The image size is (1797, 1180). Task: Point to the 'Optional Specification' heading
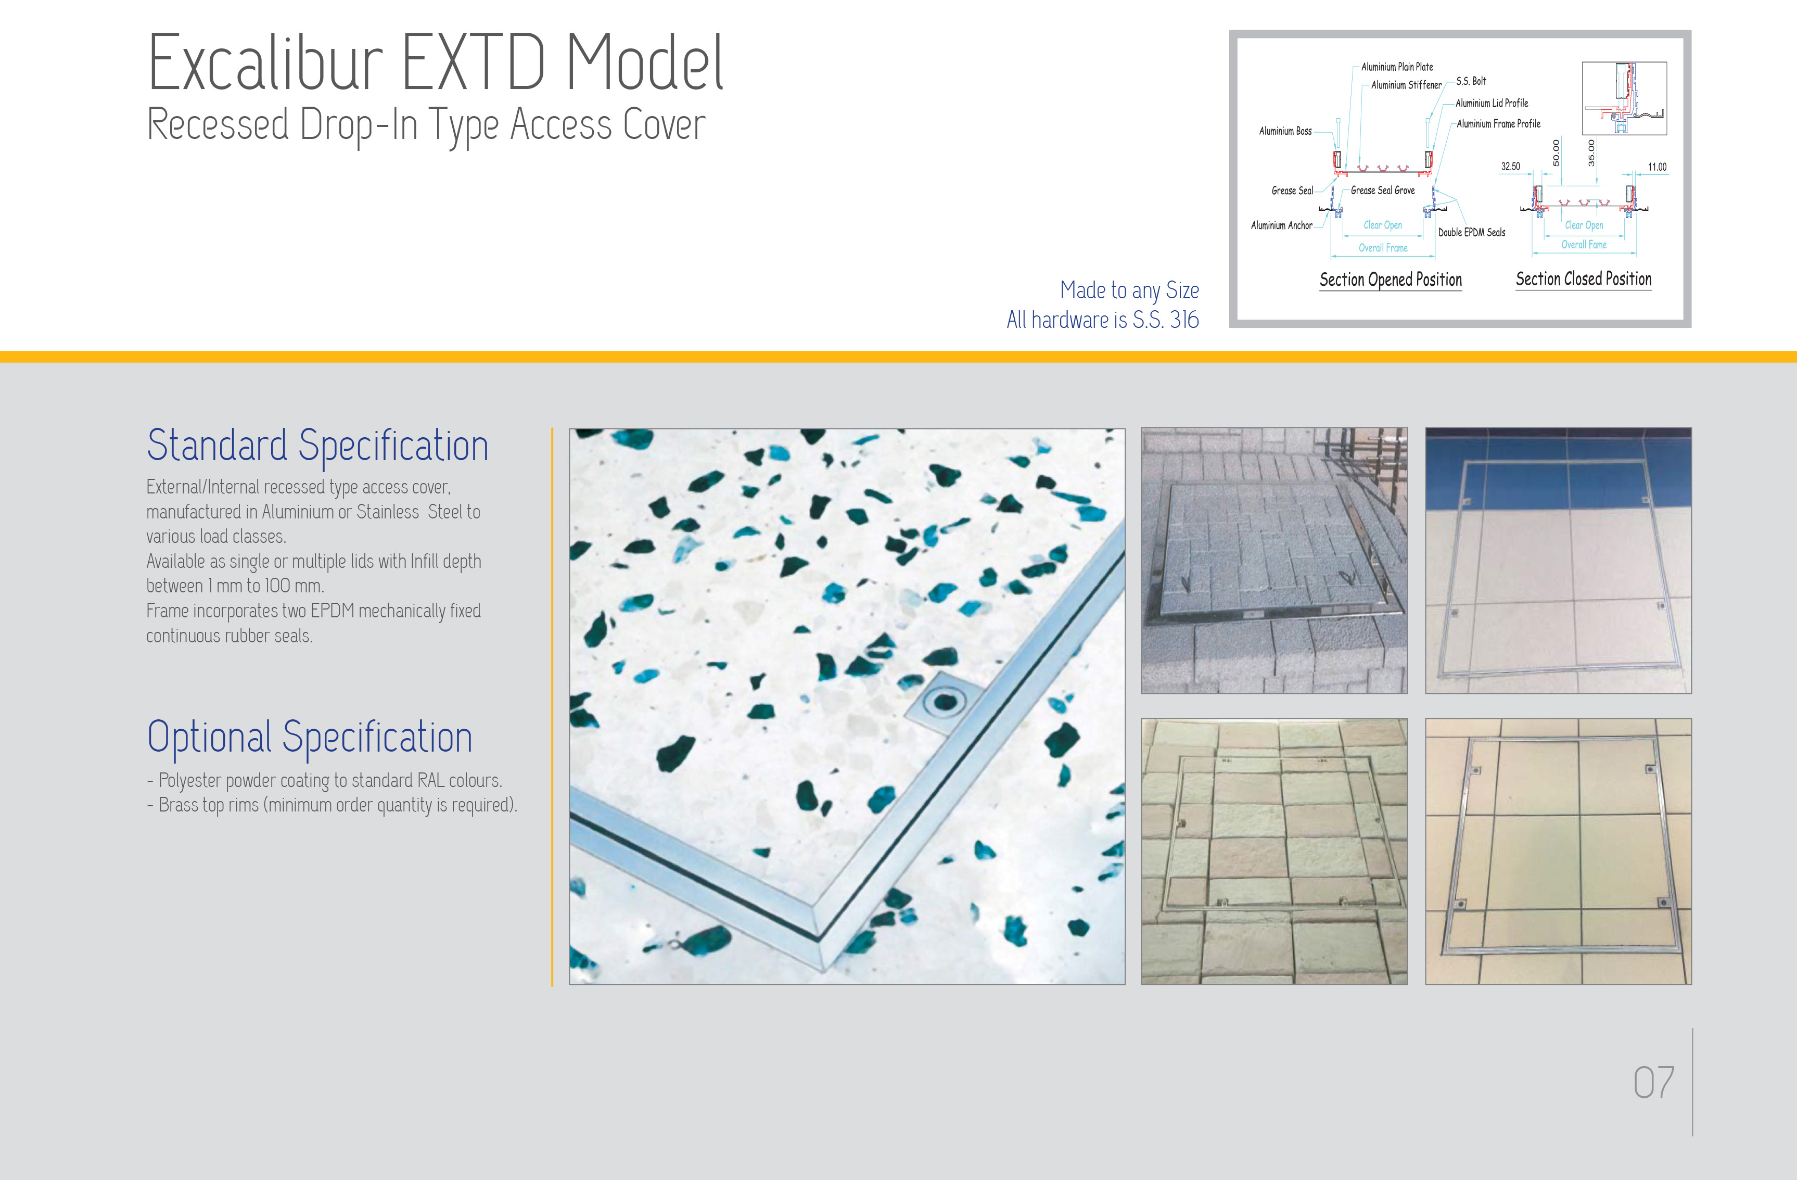pos(310,737)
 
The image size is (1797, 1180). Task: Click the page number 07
pos(1653,1083)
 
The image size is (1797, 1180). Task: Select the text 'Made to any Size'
pos(1129,290)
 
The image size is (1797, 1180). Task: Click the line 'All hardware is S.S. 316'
pos(1102,320)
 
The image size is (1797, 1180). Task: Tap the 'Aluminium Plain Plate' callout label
pos(1397,67)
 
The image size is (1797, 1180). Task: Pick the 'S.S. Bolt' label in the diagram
pos(1471,81)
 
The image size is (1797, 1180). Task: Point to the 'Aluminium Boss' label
pos(1285,131)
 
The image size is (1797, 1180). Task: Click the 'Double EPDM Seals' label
pos(1472,233)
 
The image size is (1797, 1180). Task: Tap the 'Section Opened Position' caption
pos(1391,280)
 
